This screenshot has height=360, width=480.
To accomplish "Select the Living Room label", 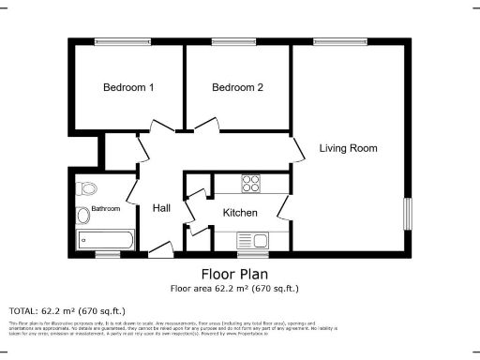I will (x=348, y=148).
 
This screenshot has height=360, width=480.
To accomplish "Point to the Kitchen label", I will (x=239, y=213).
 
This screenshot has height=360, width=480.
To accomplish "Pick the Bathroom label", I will (x=105, y=209).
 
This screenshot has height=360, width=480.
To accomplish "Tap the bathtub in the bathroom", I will (x=105, y=239).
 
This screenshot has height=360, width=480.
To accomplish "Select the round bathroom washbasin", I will (x=82, y=217).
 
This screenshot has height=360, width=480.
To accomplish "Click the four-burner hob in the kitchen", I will (x=251, y=183).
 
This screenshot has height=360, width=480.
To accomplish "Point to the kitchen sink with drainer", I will (x=250, y=239).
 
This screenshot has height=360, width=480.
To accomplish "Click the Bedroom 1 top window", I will (x=113, y=39).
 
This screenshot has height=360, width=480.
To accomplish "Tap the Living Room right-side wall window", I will (x=408, y=213).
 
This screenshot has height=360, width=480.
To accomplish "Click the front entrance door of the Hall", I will (x=160, y=249).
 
